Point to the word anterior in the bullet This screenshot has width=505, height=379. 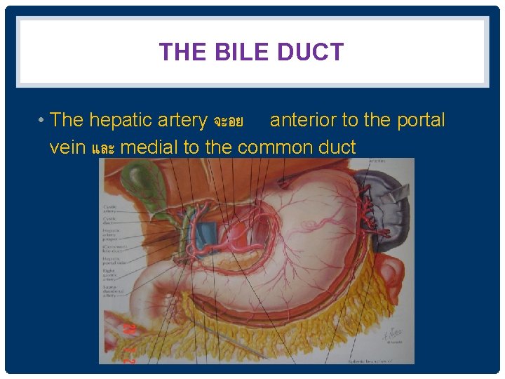click(303, 120)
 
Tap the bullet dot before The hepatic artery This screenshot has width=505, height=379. click(43, 121)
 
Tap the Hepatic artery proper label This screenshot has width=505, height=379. click(111, 235)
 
